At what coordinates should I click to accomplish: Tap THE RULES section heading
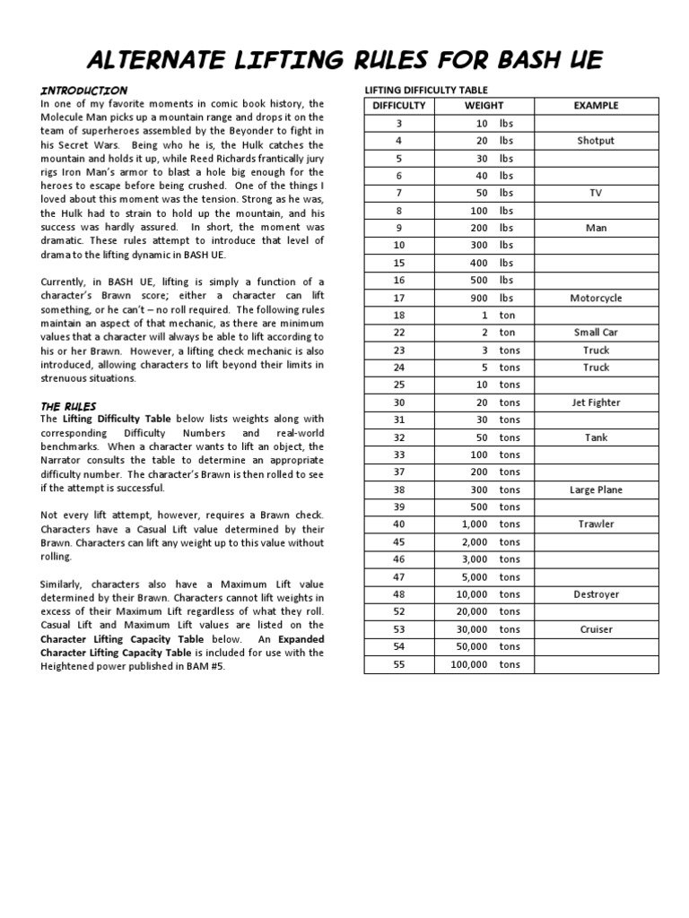68,406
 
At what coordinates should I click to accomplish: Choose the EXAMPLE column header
596,106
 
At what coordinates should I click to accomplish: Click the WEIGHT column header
484,106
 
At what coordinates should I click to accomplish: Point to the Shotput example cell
596,141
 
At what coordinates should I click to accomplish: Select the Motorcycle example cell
596,298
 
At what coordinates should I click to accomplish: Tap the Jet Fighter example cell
596,403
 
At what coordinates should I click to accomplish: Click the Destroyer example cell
596,594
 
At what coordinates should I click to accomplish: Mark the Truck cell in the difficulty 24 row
596,368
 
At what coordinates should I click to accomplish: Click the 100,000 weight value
469,664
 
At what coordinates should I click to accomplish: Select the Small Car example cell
596,333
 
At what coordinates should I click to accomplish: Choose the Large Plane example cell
596,489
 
